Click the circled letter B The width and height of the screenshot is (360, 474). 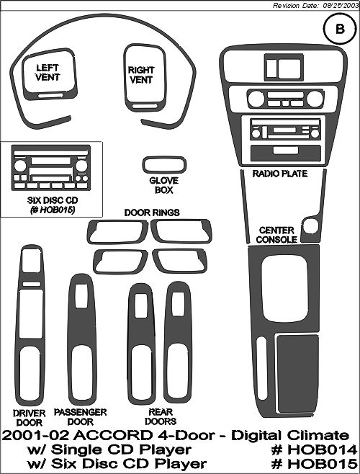pos(340,29)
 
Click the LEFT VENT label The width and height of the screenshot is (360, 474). pos(48,72)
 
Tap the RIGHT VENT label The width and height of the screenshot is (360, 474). pos(141,75)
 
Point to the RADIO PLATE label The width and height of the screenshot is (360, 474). pos(280,174)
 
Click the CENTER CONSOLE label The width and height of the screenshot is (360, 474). pos(276,235)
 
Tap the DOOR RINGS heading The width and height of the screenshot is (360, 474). pos(152,213)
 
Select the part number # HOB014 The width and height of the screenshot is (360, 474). pos(315,450)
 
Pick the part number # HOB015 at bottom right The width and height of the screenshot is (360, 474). pos(315,464)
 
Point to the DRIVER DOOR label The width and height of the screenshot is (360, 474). pos(30,418)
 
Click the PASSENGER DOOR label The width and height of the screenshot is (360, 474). pos(80,416)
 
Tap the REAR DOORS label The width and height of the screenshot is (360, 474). pos(161,416)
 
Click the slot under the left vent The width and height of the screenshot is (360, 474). pos(50,96)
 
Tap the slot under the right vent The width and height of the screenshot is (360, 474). pos(143,106)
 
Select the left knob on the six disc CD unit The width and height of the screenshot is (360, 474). pos(20,166)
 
